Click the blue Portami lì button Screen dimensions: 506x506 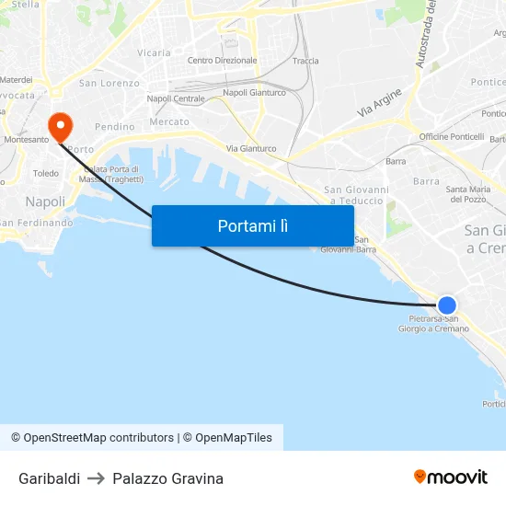pos(252,225)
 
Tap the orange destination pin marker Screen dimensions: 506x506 pos(61,127)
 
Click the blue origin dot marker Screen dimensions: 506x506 pos(447,305)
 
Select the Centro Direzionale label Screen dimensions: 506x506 pos(222,61)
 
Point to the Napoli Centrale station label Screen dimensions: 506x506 pos(176,98)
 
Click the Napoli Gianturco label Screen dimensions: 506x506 pos(254,92)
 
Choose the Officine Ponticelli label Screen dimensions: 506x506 pos(451,136)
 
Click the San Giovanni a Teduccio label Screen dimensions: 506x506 pos(356,195)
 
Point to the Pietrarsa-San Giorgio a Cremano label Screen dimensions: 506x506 pos(439,324)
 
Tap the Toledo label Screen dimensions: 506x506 pos(45,173)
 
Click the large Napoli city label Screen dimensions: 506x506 pos(45,201)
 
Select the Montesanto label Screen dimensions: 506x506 pos(26,140)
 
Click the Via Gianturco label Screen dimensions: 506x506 pos(251,148)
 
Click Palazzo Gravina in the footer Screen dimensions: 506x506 pos(167,478)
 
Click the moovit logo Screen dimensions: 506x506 pos(450,477)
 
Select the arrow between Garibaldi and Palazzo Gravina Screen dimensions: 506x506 pos(97,478)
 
